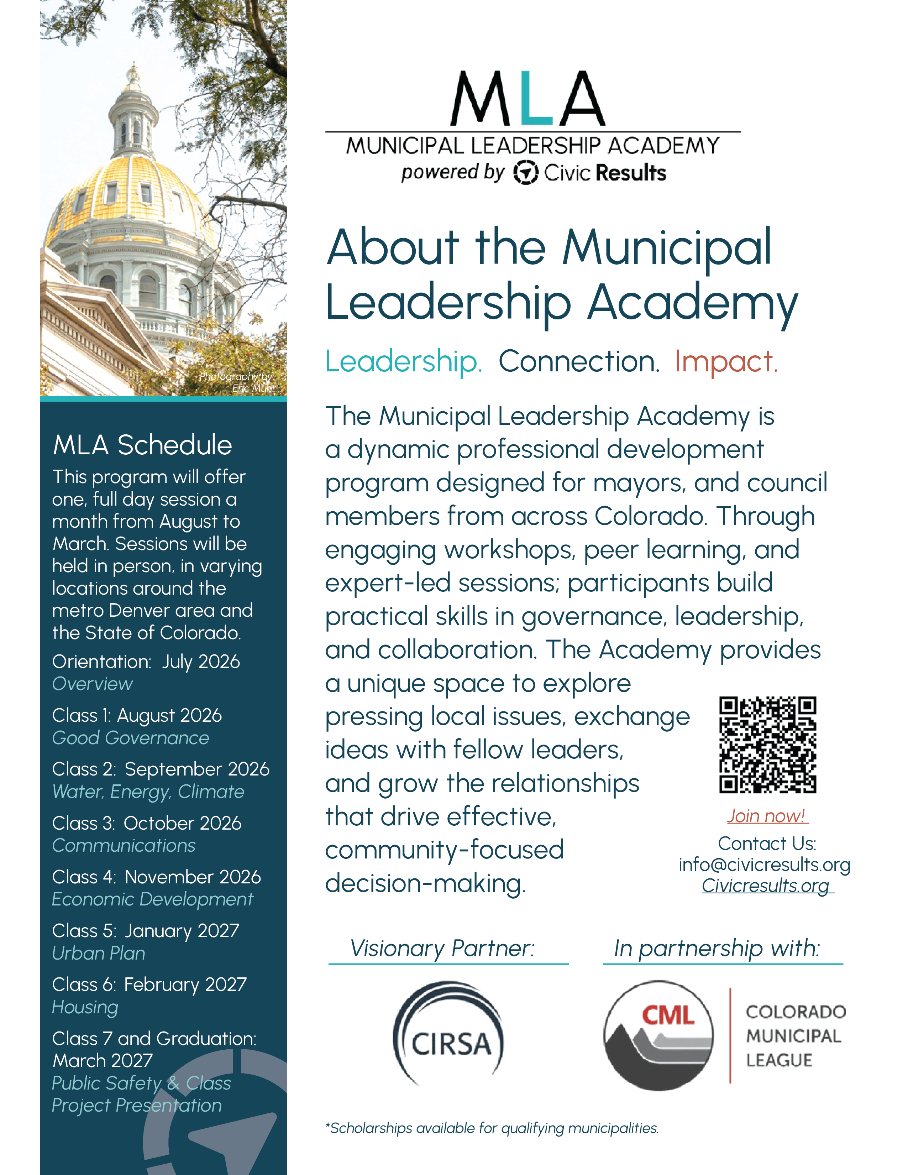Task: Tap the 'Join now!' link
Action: click(767, 816)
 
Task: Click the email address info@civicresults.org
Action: click(764, 865)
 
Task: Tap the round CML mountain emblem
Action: click(658, 1036)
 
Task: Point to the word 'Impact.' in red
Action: click(726, 361)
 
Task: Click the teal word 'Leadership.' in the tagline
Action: click(403, 361)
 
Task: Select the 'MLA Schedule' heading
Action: click(142, 445)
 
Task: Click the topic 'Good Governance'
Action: click(131, 738)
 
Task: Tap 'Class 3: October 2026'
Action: click(147, 823)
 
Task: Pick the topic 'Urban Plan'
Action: click(99, 953)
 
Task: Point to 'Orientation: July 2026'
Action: click(146, 662)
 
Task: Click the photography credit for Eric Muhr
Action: click(237, 382)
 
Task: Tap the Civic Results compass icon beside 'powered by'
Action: click(525, 173)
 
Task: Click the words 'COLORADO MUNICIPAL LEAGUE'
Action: click(795, 1036)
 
